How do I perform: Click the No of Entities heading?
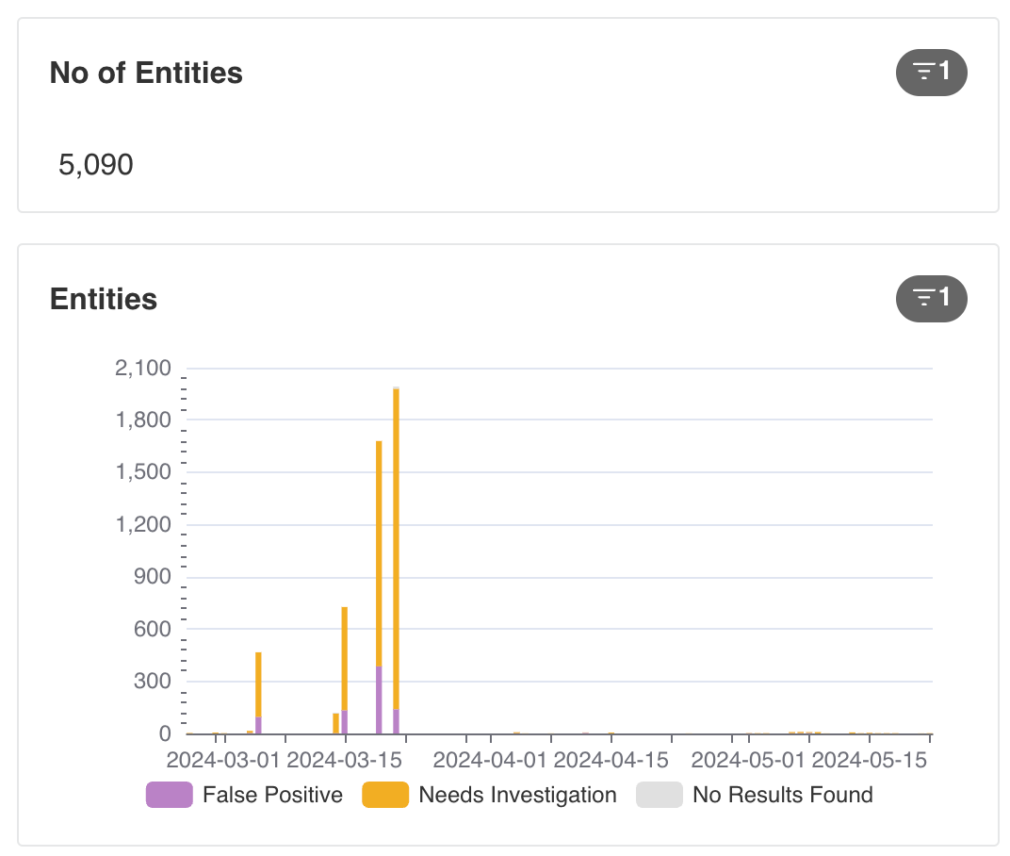click(x=146, y=73)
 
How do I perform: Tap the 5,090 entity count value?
click(x=96, y=164)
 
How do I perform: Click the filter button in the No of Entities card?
click(x=932, y=73)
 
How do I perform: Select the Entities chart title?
click(x=104, y=299)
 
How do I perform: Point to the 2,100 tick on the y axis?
click(x=143, y=368)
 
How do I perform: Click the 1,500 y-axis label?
click(x=143, y=471)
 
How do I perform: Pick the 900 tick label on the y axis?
click(x=152, y=576)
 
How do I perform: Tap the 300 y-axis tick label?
click(x=152, y=681)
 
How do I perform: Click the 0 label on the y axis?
click(x=165, y=733)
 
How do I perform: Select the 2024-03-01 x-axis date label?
click(x=223, y=760)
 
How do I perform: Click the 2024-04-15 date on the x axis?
click(x=611, y=760)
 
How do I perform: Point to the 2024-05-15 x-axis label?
click(x=869, y=760)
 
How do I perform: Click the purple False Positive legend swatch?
click(x=170, y=795)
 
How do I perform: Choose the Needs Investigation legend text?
click(x=518, y=795)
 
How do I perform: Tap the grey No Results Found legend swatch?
click(x=660, y=795)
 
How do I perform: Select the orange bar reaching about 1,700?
click(x=379, y=553)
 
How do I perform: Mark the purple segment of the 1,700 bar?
click(x=379, y=700)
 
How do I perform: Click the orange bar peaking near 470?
click(x=258, y=684)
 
